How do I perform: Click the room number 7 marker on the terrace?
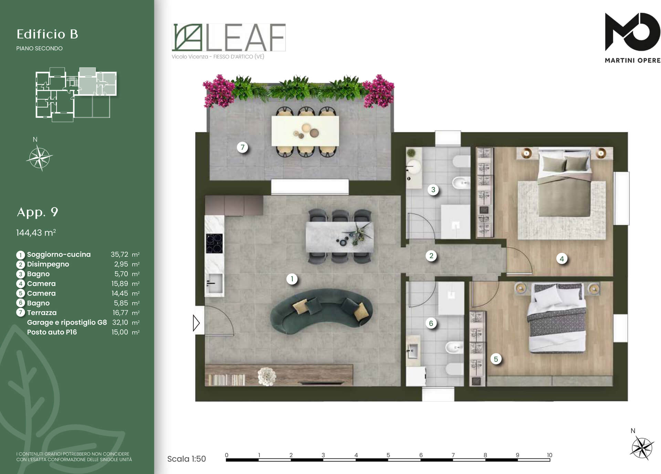click(242, 147)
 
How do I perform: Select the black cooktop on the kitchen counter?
click(214, 243)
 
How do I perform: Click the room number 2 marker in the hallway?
click(431, 256)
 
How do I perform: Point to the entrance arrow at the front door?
click(196, 323)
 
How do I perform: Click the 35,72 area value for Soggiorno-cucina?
click(119, 254)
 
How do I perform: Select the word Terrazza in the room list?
click(42, 313)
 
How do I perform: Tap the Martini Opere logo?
click(632, 38)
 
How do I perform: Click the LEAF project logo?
click(229, 37)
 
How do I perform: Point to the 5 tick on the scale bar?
click(388, 455)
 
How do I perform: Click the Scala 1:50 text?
click(186, 459)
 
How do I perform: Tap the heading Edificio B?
click(48, 34)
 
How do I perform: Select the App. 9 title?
click(37, 212)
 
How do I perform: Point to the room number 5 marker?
click(496, 359)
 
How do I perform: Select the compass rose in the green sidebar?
click(40, 158)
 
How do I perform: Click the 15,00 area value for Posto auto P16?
click(119, 332)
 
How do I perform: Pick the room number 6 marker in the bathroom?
click(431, 323)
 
